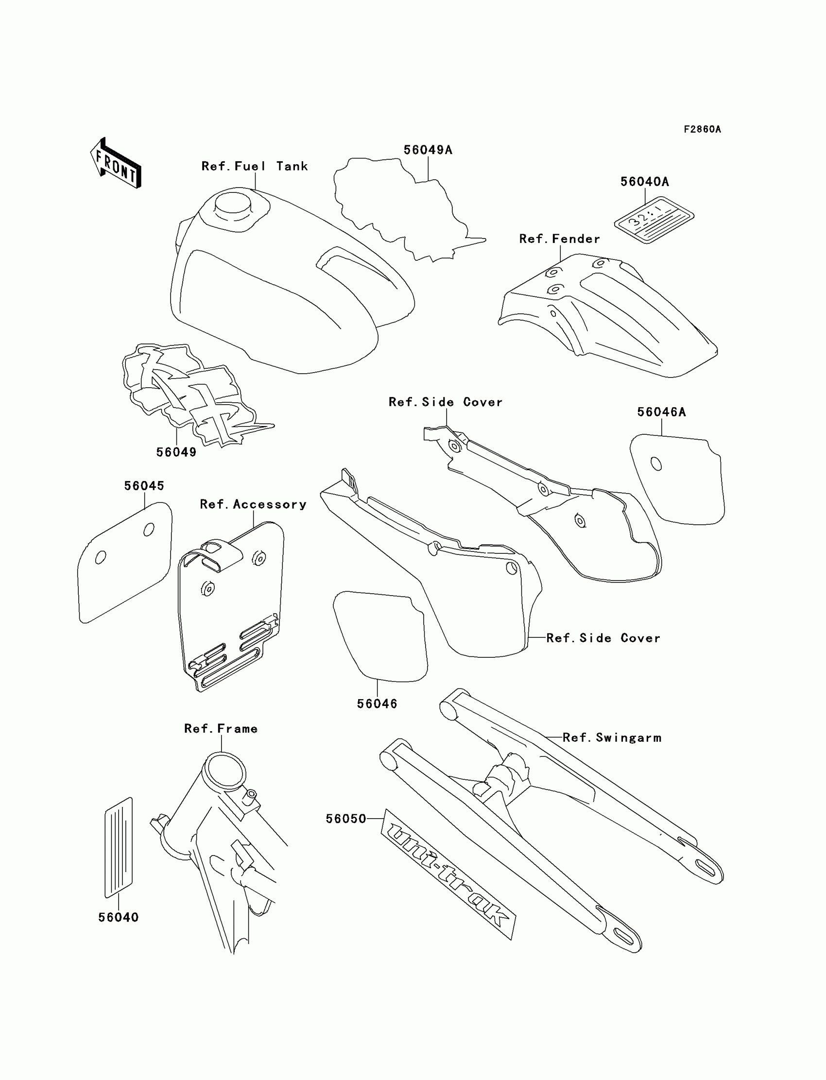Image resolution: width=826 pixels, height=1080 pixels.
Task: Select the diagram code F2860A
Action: click(x=702, y=129)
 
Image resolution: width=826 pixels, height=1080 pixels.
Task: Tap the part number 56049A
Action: click(x=428, y=150)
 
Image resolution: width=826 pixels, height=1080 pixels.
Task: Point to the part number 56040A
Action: click(x=645, y=182)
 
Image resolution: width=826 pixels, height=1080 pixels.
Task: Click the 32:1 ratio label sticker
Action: click(x=654, y=220)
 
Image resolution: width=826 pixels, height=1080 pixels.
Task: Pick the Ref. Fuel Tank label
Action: click(x=255, y=166)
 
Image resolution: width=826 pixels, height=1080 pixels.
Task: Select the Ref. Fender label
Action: click(x=560, y=239)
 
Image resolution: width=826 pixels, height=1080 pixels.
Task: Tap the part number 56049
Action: click(x=176, y=452)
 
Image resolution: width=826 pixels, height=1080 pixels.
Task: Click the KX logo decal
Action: click(x=192, y=393)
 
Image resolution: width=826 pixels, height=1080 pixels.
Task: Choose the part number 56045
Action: click(x=144, y=486)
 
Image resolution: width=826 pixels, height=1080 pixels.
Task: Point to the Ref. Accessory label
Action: click(x=253, y=504)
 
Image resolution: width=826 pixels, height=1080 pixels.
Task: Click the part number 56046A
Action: click(x=661, y=412)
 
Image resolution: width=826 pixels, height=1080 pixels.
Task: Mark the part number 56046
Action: click(x=377, y=704)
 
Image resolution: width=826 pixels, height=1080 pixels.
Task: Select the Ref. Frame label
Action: click(x=221, y=729)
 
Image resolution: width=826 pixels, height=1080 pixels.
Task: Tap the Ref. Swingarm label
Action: click(x=612, y=737)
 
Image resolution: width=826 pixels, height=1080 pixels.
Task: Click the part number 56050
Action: click(x=346, y=819)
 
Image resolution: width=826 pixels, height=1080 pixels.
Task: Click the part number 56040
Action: click(x=119, y=917)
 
